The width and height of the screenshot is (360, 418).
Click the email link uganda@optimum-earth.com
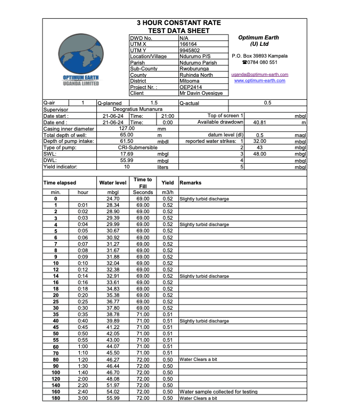pyautogui.click(x=260, y=75)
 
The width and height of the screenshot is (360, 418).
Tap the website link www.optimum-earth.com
pyautogui.click(x=260, y=81)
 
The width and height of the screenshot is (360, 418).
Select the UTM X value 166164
pyautogui.click(x=189, y=44)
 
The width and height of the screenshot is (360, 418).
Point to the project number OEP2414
pyautogui.click(x=191, y=87)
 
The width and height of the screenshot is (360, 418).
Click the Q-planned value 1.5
pyautogui.click(x=154, y=103)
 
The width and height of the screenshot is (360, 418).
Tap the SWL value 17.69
pyautogui.click(x=127, y=154)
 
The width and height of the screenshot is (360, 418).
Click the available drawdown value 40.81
pyautogui.click(x=261, y=122)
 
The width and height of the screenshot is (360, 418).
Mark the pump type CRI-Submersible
pyautogui.click(x=137, y=147)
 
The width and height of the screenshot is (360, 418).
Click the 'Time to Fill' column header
pyautogui.click(x=143, y=183)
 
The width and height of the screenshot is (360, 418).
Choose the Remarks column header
pyautogui.click(x=190, y=183)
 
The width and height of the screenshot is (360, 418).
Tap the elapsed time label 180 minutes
pyautogui.click(x=55, y=398)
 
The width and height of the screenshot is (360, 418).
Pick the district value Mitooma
pyautogui.click(x=190, y=81)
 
